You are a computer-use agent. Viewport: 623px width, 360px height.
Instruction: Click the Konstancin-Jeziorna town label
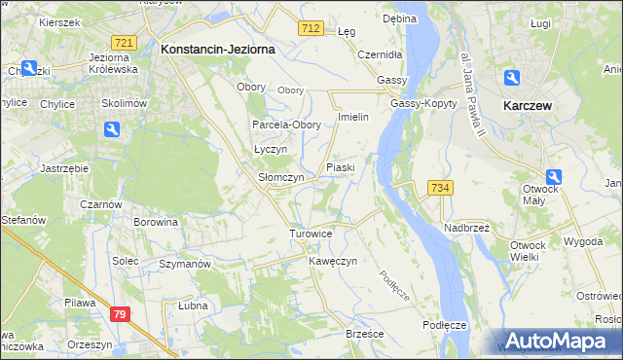pos(218,48)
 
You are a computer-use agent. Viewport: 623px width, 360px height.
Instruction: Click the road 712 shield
pos(311,30)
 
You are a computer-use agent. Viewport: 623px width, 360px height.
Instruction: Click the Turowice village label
pos(311,234)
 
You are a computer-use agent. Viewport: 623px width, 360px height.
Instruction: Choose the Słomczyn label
pos(281,178)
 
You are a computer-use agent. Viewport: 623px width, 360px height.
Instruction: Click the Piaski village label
pos(340,167)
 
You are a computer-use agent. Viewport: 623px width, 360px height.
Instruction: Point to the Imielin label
pos(351,117)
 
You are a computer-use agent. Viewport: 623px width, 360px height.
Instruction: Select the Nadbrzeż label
pos(467,227)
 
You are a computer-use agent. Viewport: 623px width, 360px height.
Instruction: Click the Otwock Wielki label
pos(531,250)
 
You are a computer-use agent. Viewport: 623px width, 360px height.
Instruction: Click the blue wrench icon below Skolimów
pos(112,129)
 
